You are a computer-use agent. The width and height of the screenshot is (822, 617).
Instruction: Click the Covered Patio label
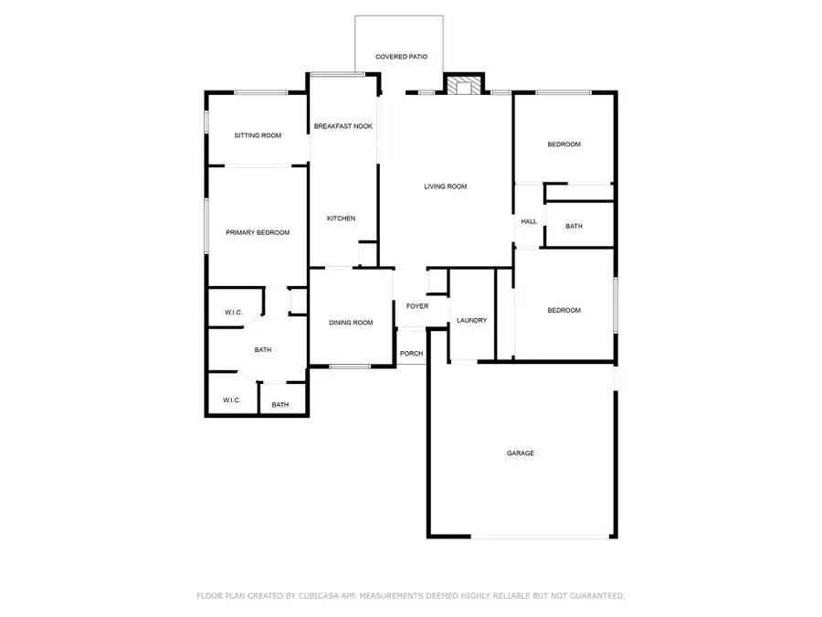[x=401, y=57]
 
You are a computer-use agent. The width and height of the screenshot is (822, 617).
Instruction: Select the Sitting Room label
[x=258, y=135]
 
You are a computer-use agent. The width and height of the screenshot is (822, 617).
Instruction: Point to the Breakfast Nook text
[x=342, y=126]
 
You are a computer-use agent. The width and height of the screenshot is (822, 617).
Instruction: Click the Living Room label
[x=446, y=186]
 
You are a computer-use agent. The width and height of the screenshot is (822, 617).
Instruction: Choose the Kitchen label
[x=342, y=218]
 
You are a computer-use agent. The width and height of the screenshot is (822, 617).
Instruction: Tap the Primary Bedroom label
[x=258, y=233]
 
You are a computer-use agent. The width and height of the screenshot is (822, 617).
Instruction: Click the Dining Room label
[x=352, y=323]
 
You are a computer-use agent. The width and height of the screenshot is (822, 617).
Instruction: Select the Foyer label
[x=417, y=306]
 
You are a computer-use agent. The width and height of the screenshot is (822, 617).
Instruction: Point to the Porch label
[x=412, y=354]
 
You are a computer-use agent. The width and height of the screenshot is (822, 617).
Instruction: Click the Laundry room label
[x=472, y=321]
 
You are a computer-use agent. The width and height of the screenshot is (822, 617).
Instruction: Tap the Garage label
[x=521, y=453]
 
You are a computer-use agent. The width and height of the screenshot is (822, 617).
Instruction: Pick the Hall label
[x=529, y=222]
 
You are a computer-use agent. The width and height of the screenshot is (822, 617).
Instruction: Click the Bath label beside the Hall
[x=574, y=226]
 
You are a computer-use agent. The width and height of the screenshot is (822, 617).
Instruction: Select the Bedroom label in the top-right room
[x=564, y=144]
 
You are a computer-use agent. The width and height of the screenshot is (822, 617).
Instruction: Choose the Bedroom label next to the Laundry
[x=564, y=311]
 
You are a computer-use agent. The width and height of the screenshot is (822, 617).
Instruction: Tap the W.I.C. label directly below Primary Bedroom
[x=234, y=314]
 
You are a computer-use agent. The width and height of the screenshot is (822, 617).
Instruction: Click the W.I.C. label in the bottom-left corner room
[x=232, y=400]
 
